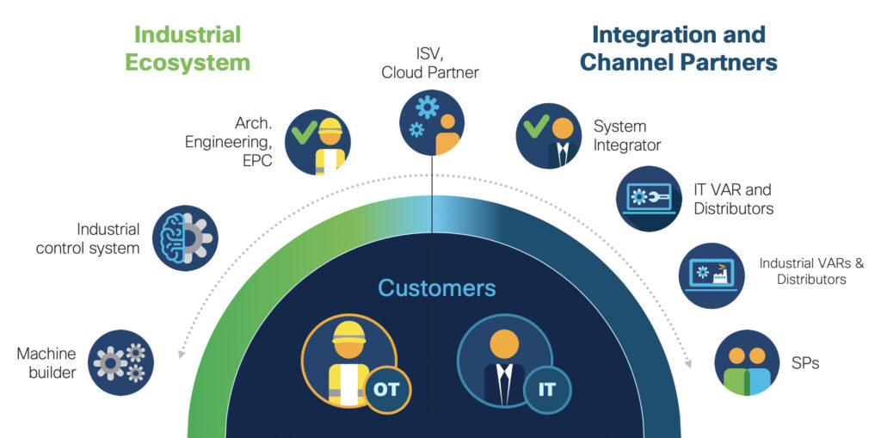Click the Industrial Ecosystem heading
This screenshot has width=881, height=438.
click(x=188, y=48)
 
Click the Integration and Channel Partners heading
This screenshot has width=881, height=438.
click(x=678, y=48)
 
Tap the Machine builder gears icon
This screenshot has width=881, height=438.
click(x=121, y=362)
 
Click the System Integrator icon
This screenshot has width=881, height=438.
click(x=548, y=136)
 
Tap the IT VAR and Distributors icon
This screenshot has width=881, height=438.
click(x=649, y=199)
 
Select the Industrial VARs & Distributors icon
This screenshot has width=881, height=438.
click(x=712, y=275)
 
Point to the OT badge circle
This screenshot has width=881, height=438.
click(x=386, y=389)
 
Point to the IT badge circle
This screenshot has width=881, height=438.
click(x=547, y=389)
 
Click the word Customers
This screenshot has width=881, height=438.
click(x=437, y=287)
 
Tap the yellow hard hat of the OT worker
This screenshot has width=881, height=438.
click(x=348, y=331)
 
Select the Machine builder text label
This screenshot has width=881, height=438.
click(x=46, y=362)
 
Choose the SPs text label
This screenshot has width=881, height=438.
click(x=804, y=363)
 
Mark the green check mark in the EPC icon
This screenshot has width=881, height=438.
click(x=303, y=133)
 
